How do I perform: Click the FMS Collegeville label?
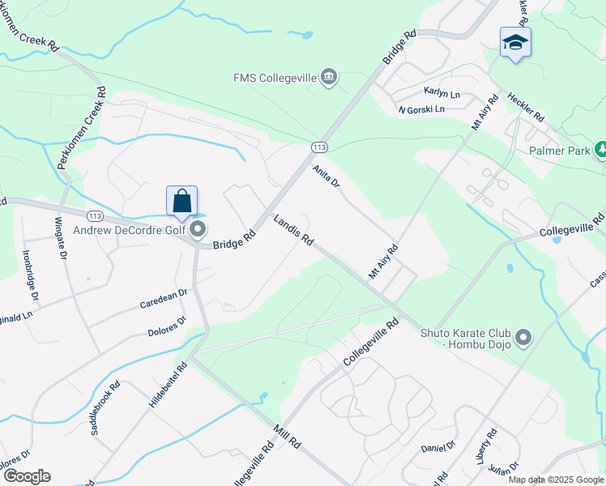275,79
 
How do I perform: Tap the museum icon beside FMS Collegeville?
328,78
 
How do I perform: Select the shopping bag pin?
182,202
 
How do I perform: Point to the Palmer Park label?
558,151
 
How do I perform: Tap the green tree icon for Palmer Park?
601,150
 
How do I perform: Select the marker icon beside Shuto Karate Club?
523,335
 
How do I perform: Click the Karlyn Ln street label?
442,93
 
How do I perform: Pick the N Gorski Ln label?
421,109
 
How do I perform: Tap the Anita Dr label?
326,176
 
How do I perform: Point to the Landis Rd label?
293,231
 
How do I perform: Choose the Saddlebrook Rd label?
106,409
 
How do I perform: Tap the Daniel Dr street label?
438,446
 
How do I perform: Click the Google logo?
26,476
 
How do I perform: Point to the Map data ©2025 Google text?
556,480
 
